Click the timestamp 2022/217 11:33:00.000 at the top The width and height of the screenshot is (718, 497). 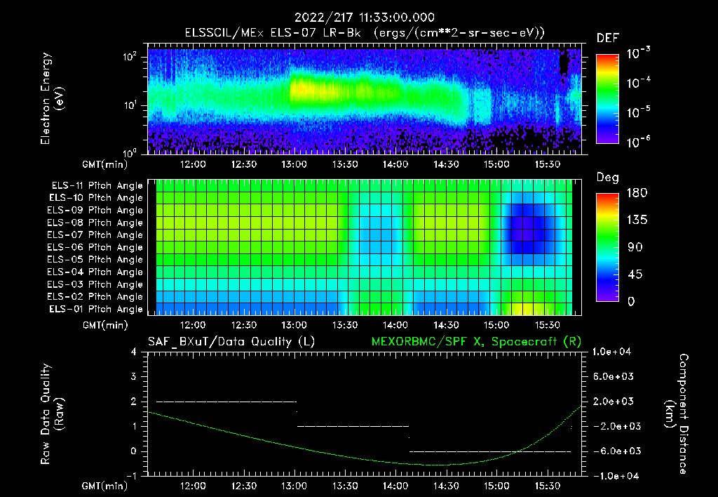pos(365,18)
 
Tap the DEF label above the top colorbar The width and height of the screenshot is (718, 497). pos(607,38)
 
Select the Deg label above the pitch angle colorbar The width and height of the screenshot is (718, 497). pos(607,178)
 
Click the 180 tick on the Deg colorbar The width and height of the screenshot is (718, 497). pos(633,193)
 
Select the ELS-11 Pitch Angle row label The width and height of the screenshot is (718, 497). pos(97,186)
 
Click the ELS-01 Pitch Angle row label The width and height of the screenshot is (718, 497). pos(97,309)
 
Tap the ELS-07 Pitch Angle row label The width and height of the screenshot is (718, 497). pos(97,235)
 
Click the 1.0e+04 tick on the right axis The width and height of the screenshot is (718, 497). pos(614,352)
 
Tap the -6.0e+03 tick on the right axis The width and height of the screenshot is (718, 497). pos(614,451)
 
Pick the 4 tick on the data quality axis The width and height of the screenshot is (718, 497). pos(134,352)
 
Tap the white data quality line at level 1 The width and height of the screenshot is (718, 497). pos(353,426)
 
